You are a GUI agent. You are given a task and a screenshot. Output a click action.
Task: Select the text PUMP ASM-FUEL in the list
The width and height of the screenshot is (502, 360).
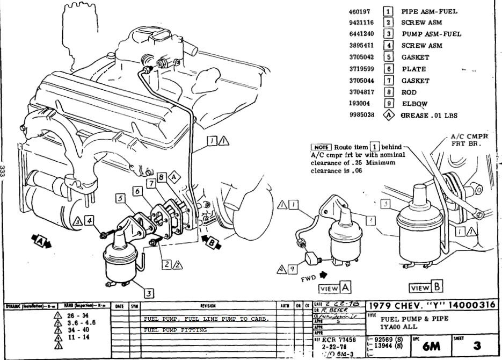(x=431, y=34)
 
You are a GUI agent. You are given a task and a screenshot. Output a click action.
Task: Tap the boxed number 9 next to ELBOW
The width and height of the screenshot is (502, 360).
(x=388, y=103)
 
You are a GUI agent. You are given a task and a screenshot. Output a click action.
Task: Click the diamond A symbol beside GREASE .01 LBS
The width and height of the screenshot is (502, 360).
(x=388, y=115)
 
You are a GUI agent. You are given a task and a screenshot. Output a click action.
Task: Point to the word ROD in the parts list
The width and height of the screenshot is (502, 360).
(x=409, y=92)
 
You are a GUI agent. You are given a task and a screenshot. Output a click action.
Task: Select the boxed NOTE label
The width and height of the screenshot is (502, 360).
(x=321, y=147)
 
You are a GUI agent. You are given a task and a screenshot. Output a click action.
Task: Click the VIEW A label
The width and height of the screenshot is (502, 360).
(x=334, y=288)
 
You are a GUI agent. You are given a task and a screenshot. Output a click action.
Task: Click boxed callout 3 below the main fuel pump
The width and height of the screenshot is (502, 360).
(x=148, y=293)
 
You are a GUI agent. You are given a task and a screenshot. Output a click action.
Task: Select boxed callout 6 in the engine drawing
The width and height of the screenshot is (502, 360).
(x=137, y=191)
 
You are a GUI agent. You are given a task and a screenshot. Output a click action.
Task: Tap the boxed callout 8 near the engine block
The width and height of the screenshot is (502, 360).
(x=161, y=177)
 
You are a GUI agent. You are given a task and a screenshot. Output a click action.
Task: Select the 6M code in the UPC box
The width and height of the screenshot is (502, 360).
(x=430, y=347)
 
